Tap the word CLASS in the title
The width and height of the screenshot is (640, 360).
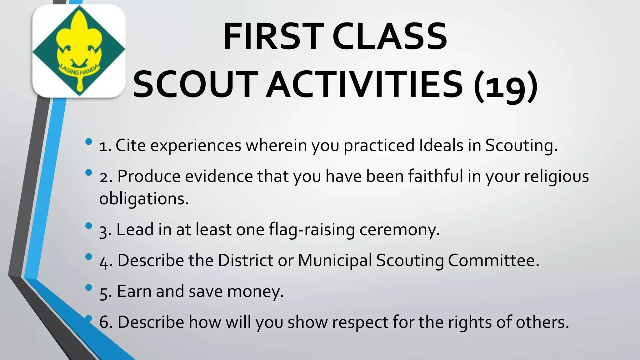point(390,37)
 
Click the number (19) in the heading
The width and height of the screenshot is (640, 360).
point(505,85)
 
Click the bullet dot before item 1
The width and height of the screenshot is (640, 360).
point(89,142)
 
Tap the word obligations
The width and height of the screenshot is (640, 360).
point(144,199)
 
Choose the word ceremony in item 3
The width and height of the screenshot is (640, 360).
point(399,230)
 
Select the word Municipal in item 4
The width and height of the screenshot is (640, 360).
point(335,260)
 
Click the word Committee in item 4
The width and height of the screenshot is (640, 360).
point(493,260)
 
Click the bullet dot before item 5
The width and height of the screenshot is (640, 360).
point(89,287)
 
